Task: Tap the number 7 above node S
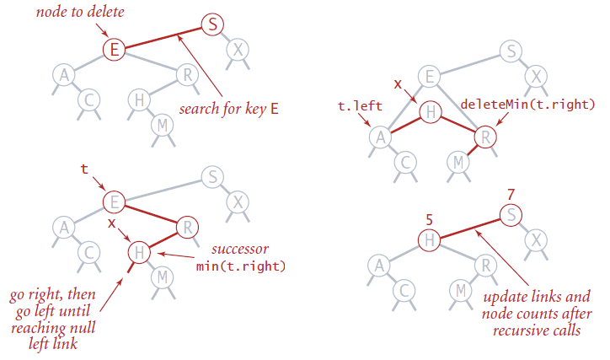click(x=511, y=195)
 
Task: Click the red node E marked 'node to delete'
click(x=115, y=49)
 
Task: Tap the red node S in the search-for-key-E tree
click(x=213, y=27)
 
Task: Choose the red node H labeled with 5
click(x=428, y=239)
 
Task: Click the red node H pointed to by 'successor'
click(x=140, y=250)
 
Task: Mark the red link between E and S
click(x=163, y=38)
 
